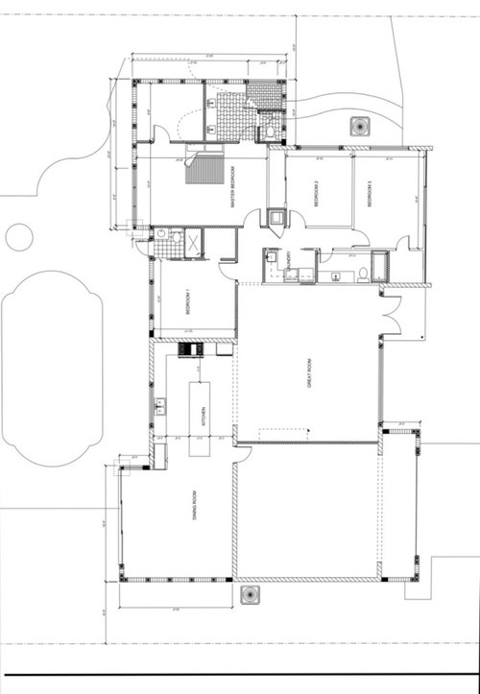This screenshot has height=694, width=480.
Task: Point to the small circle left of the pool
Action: click(x=18, y=236)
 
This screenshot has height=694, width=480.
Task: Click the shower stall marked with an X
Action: click(x=191, y=243)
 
